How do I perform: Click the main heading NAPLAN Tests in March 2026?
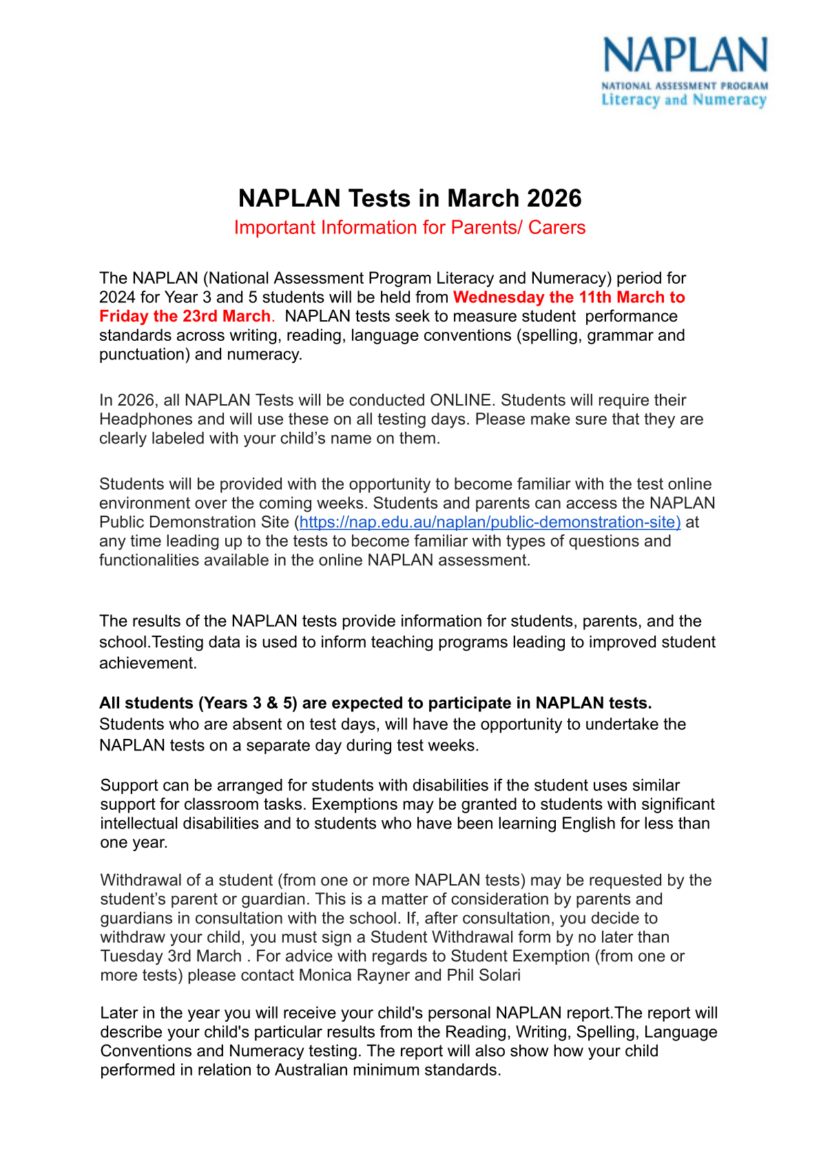(x=410, y=198)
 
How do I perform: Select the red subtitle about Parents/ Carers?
(x=410, y=228)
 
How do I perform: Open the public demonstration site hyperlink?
(x=490, y=522)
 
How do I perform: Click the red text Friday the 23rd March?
(x=185, y=316)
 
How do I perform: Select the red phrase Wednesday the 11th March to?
(x=569, y=297)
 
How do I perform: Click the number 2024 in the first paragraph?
(x=117, y=297)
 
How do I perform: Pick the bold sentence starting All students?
(x=375, y=703)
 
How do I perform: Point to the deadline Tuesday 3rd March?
(x=171, y=956)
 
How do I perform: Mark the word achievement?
(x=147, y=663)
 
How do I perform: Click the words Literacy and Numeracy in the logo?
(x=684, y=100)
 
